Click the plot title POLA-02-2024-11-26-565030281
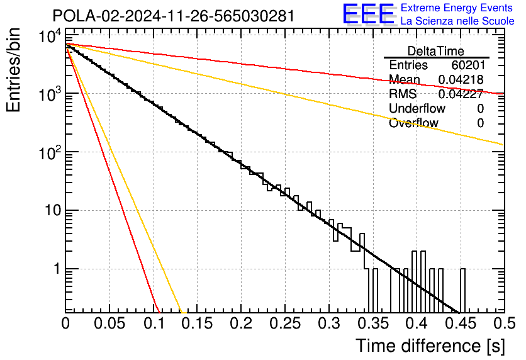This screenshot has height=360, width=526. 174,16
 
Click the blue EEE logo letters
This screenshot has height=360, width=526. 368,14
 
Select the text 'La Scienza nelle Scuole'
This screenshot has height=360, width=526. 457,21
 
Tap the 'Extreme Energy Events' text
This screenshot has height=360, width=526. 457,8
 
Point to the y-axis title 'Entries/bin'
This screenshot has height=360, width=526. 13,70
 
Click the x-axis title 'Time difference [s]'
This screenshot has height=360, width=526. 430,346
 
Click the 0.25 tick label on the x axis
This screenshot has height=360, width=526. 285,323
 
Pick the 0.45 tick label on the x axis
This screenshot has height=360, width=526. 461,323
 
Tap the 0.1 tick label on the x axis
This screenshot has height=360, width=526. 154,323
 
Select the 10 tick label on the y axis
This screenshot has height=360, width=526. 53,211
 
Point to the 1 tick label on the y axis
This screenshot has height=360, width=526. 57,269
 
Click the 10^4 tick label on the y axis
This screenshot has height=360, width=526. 50,36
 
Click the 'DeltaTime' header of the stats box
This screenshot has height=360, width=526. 436,51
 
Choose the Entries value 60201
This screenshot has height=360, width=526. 468,65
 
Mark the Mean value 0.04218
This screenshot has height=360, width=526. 461,79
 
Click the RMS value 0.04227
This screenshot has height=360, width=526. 461,94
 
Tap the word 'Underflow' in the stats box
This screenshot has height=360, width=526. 417,108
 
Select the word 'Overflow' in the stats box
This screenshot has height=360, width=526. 413,123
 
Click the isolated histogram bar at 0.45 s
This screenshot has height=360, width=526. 462,291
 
